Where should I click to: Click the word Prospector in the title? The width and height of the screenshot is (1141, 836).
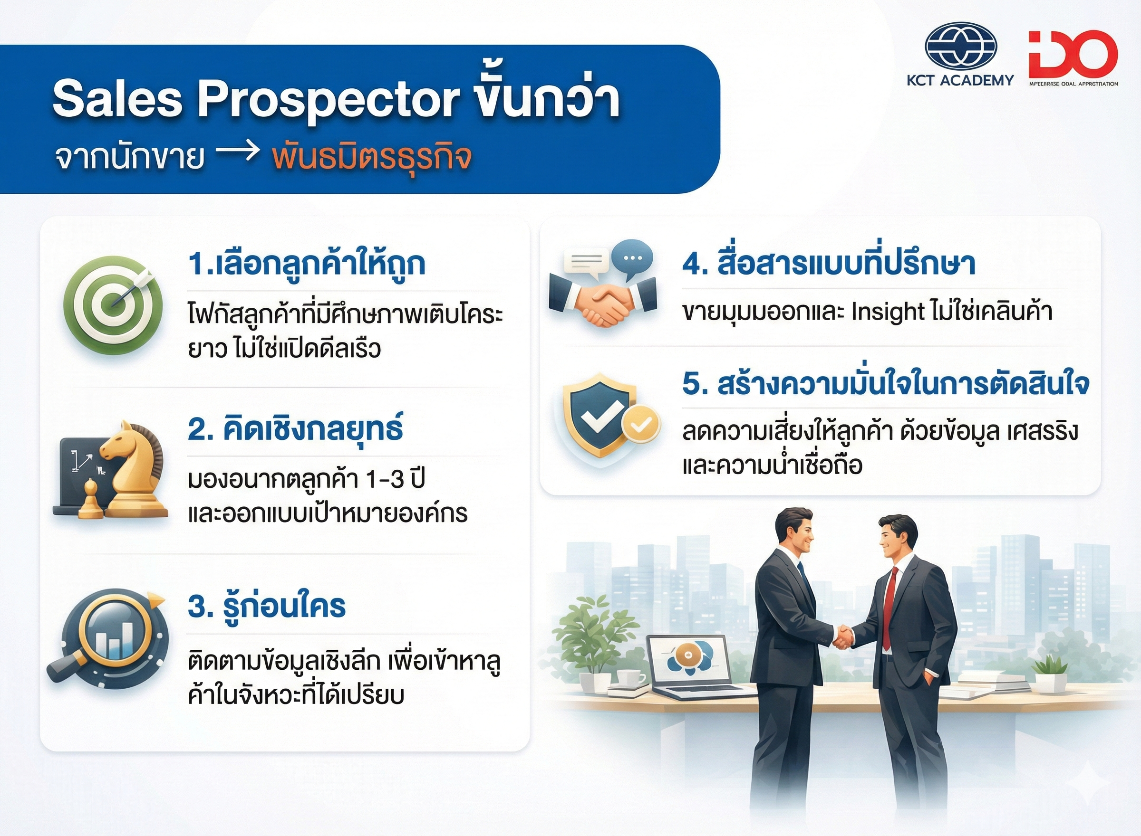[329, 99]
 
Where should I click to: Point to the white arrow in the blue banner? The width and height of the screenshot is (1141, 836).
[239, 153]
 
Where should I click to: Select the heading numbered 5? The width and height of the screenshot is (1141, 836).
[885, 385]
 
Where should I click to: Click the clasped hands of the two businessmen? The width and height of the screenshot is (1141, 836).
[843, 636]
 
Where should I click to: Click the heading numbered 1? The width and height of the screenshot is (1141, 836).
[306, 265]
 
